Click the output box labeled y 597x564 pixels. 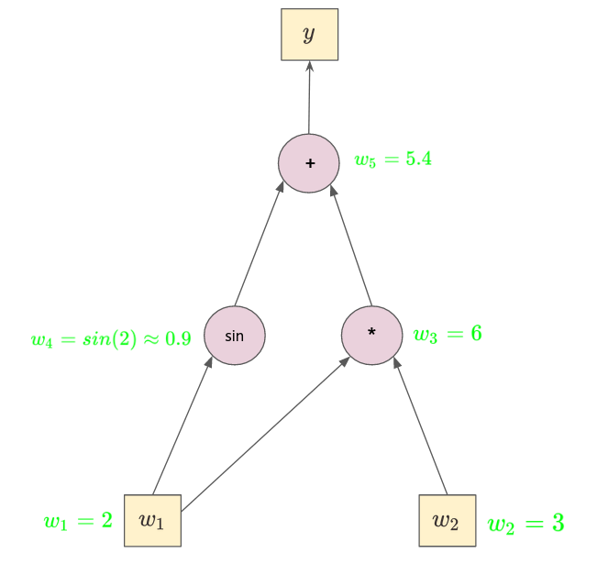309,35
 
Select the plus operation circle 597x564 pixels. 309,162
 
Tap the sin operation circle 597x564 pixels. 234,335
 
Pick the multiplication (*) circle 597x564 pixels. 371,335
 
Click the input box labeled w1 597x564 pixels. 152,520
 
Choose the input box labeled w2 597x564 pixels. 447,520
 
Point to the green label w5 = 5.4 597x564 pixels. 392,160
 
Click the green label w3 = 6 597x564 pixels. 447,335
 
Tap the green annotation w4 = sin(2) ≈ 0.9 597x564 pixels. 110,339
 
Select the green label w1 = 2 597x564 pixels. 78,521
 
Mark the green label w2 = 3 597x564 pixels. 525,524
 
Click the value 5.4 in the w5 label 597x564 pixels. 418,159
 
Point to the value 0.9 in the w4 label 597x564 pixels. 177,339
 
